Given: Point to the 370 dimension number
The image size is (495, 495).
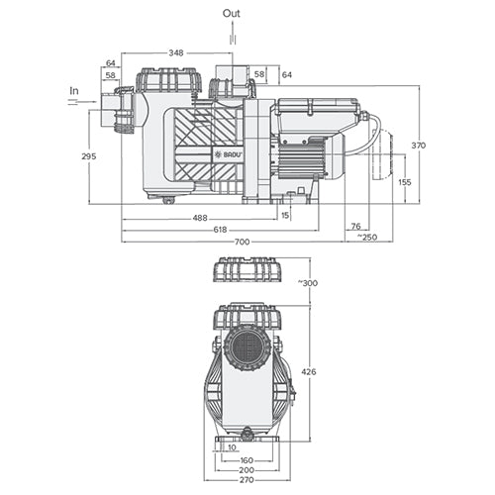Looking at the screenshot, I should coord(418,146).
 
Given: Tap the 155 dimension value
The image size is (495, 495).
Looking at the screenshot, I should coord(404,182).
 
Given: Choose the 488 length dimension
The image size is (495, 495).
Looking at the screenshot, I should coord(199,218).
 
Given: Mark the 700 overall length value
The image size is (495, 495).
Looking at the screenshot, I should coord(244,243).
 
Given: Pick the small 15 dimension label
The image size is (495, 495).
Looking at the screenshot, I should coord(285,215).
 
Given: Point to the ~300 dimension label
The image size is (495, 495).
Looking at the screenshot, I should coord(308,283).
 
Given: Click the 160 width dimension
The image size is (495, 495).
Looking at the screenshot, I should coord(246,459).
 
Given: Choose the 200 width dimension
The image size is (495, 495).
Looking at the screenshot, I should coord(246,471).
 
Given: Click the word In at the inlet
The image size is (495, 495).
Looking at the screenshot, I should coord(73,90).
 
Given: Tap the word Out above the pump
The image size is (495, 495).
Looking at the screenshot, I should coord(231,13).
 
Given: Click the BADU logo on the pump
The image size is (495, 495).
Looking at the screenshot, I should coord(229,154).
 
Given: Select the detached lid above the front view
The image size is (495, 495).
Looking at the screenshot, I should coord(247,271).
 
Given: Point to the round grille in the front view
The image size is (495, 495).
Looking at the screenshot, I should coord(246,348).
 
